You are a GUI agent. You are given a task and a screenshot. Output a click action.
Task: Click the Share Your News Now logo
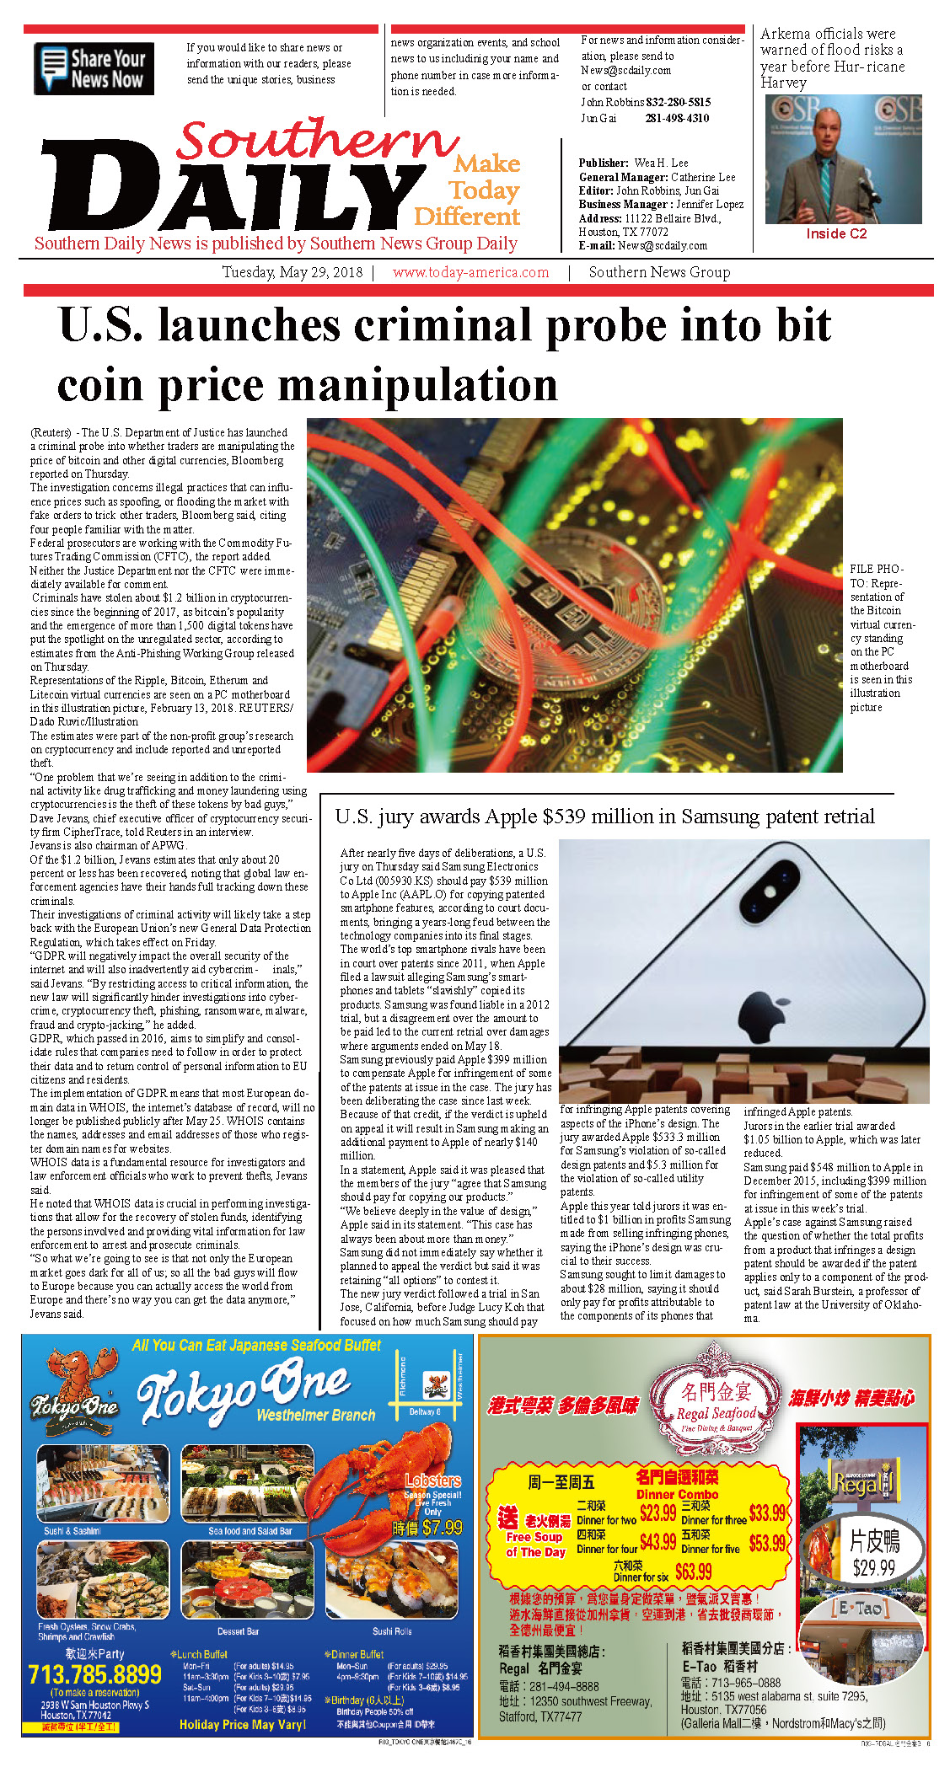click(94, 69)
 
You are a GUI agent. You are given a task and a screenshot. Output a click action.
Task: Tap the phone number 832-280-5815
click(678, 102)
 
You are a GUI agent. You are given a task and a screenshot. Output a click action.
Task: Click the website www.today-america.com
click(470, 272)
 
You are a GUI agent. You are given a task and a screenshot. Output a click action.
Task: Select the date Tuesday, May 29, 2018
click(293, 272)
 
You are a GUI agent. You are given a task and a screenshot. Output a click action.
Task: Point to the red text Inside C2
click(836, 234)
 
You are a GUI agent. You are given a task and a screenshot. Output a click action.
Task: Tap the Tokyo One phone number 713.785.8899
click(94, 1674)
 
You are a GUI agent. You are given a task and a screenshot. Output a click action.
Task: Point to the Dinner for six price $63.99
click(693, 1572)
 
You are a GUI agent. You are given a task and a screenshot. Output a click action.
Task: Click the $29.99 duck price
click(873, 1568)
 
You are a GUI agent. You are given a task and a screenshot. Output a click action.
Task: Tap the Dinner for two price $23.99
click(657, 1513)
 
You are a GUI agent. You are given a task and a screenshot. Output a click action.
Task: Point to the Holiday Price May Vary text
click(242, 1725)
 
